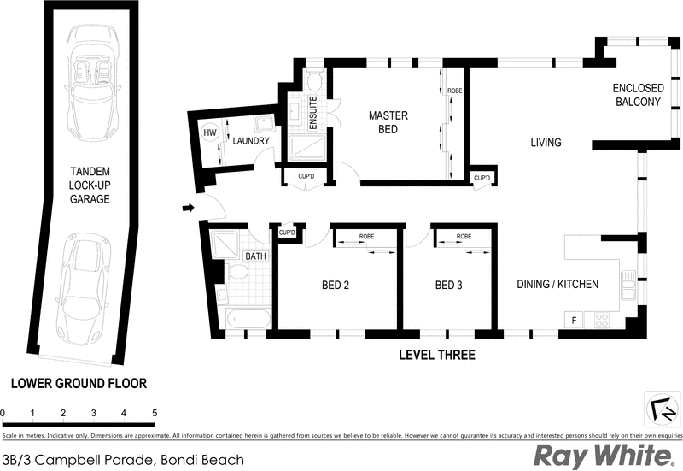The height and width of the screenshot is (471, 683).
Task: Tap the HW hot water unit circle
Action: pyautogui.click(x=209, y=133)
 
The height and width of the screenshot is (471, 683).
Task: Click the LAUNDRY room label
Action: pyautogui.click(x=251, y=141)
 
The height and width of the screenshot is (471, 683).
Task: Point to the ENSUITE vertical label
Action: pyautogui.click(x=313, y=112)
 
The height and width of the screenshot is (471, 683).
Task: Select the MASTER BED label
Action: pyautogui.click(x=388, y=122)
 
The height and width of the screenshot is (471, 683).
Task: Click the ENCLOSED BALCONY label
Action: pyautogui.click(x=637, y=95)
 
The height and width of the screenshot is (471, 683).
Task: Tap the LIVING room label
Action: pyautogui.click(x=545, y=143)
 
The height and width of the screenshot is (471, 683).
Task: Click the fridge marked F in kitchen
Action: pyautogui.click(x=573, y=320)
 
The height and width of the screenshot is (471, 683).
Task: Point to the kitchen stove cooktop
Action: pyautogui.click(x=601, y=321)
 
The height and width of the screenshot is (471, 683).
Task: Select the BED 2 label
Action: pyautogui.click(x=335, y=285)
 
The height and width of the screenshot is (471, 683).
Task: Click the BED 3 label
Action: pyautogui.click(x=448, y=285)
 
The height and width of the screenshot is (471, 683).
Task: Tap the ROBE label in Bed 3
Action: pyautogui.click(x=464, y=236)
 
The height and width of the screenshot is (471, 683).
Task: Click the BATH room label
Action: pyautogui.click(x=255, y=256)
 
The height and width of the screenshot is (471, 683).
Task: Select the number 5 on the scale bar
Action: pyautogui.click(x=155, y=413)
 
